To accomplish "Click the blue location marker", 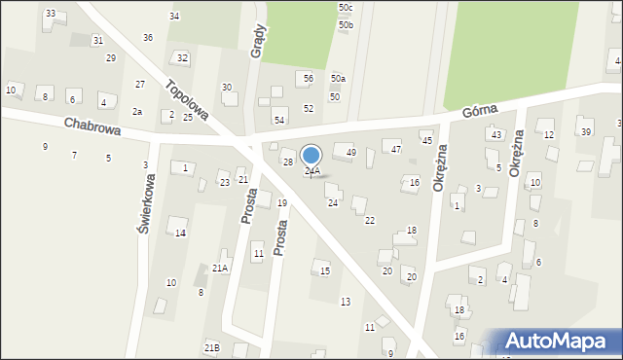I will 311,156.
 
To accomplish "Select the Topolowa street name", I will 188,100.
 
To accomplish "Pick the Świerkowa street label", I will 142,203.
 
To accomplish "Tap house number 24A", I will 311,171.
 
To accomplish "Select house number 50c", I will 346,8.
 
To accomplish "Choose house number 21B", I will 211,347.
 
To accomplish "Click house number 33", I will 51,14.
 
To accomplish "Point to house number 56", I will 308,78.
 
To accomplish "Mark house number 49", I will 351,153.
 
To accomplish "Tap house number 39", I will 585,132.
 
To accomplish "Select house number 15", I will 325,270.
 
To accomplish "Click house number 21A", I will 220,268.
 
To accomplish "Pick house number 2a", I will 137,112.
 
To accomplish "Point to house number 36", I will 148,38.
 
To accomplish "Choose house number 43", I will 496,134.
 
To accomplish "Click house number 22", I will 370,221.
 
